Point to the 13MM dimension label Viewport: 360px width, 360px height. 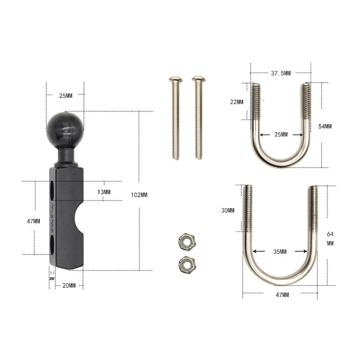(104, 192)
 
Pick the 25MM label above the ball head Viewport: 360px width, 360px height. (65, 96)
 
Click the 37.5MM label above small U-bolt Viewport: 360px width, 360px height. (280, 73)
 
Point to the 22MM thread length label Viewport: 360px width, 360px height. (237, 102)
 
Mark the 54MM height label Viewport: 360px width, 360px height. (324, 126)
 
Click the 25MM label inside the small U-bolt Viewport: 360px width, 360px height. (281, 134)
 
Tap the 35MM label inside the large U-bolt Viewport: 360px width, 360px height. (281, 251)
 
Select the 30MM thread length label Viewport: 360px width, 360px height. (228, 211)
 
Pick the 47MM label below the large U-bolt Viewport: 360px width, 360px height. (282, 294)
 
